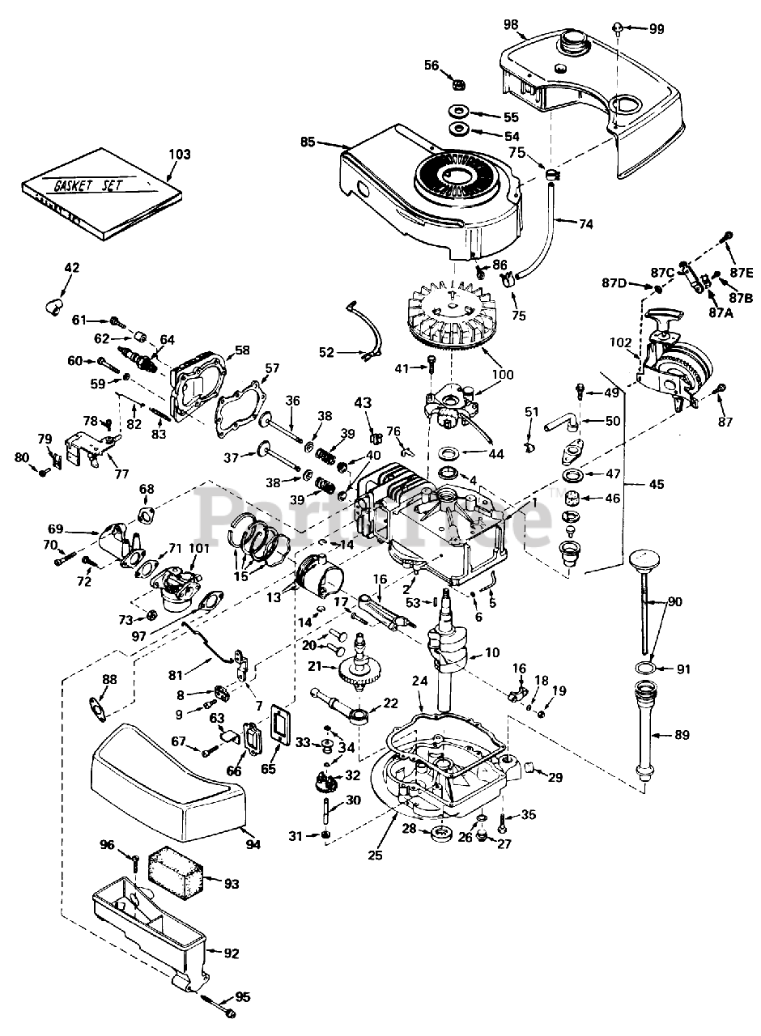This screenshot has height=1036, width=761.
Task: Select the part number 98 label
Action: [511, 24]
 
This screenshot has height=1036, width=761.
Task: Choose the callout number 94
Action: [253, 845]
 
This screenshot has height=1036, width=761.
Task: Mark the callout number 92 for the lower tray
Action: [231, 953]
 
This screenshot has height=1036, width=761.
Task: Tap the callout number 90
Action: [674, 603]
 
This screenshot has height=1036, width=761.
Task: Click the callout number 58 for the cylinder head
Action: [242, 350]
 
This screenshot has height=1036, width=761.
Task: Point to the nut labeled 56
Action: [457, 83]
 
